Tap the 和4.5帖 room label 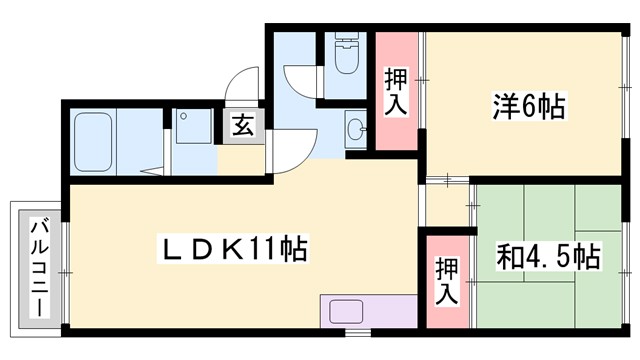548,257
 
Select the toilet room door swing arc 298,80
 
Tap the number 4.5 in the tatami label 550,257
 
